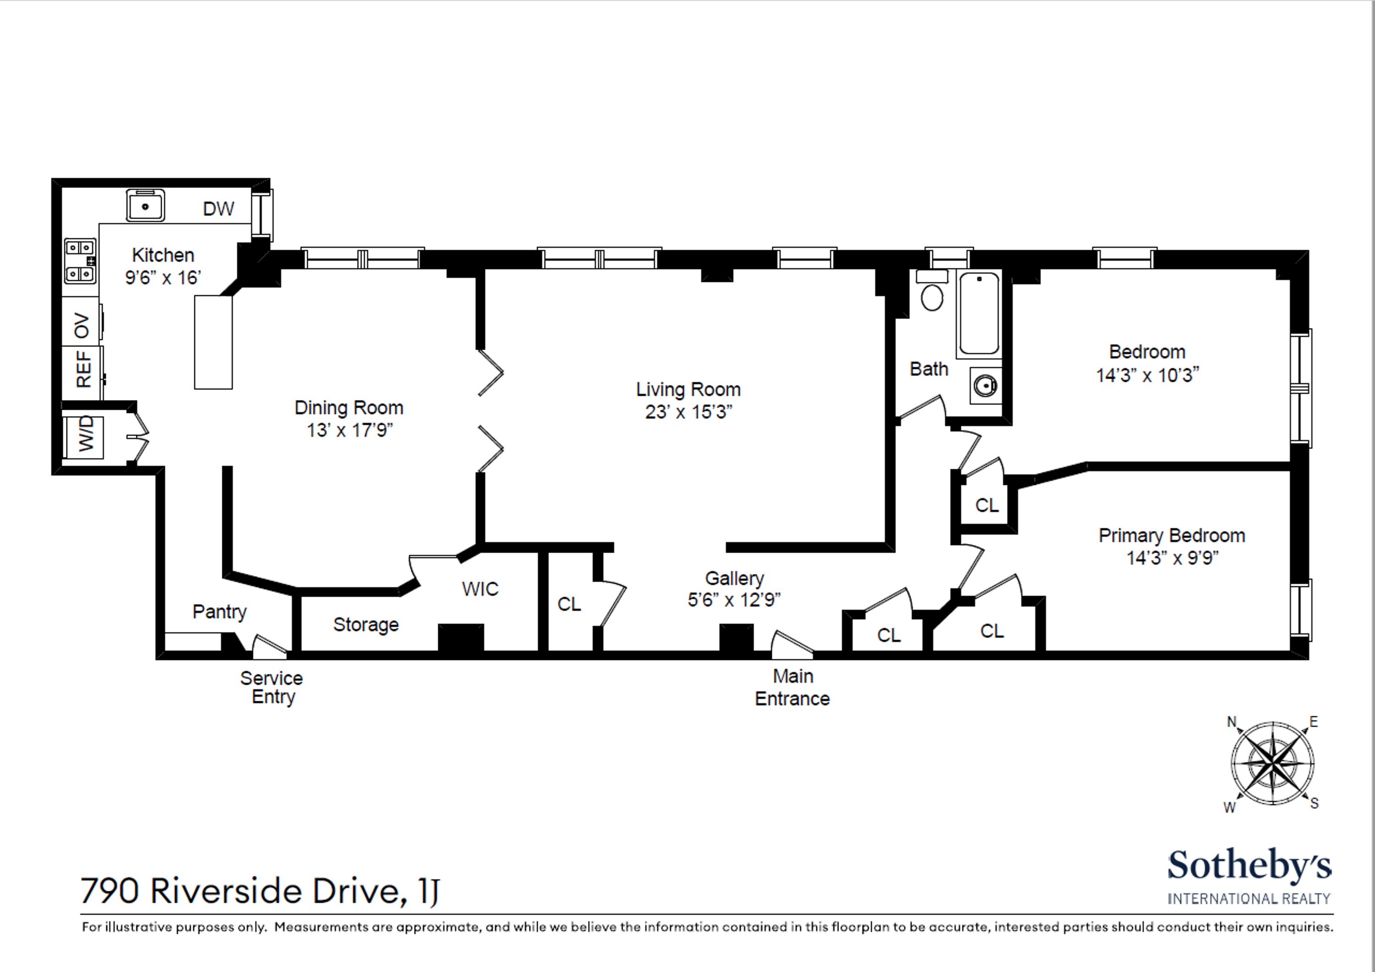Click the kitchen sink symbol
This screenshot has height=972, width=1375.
[x=145, y=207]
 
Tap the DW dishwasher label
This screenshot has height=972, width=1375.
[x=218, y=209]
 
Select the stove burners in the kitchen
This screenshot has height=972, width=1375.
[x=80, y=261]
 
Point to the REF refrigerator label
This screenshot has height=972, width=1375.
[x=84, y=369]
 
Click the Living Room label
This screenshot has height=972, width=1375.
[x=688, y=390]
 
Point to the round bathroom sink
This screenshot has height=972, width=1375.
[x=985, y=385]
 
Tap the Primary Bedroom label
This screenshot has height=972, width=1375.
[x=1171, y=535]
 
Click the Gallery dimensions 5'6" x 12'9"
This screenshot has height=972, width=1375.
[x=734, y=600]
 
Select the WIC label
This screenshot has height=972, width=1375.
[x=480, y=589]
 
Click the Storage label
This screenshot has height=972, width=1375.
[x=365, y=625]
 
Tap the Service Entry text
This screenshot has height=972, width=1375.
[x=272, y=687]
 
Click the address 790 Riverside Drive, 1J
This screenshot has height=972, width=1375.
[x=260, y=891]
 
